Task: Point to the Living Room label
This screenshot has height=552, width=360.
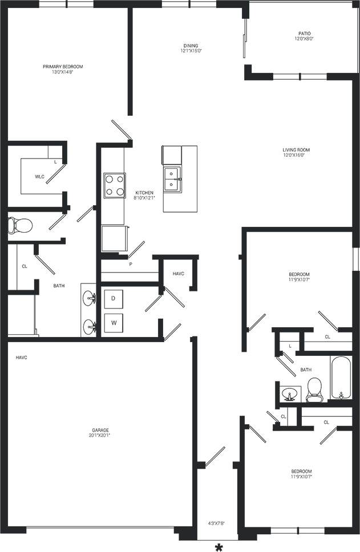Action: [296, 150]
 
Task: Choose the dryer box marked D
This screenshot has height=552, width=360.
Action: [114, 298]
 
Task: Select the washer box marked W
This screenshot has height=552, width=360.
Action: [114, 323]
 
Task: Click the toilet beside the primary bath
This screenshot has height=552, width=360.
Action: [20, 225]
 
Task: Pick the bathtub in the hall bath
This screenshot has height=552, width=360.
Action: [341, 378]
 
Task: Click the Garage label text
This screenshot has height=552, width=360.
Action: [100, 430]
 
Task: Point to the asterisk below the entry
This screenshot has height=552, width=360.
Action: [218, 547]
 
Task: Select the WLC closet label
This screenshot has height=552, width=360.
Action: [39, 177]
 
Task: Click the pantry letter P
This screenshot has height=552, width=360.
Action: [130, 265]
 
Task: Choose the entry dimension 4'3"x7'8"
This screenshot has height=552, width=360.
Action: [217, 522]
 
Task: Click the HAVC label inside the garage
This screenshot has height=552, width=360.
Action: [22, 358]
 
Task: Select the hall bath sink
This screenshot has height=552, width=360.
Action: [290, 393]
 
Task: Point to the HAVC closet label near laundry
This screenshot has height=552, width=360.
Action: [179, 274]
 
